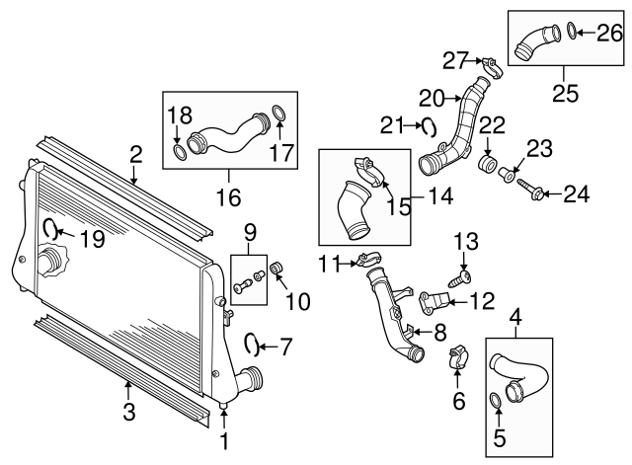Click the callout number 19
click(x=90, y=238)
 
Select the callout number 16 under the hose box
click(x=227, y=197)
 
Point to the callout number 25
click(x=563, y=96)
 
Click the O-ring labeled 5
click(x=497, y=399)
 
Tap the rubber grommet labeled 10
click(x=278, y=269)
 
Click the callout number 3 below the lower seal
click(x=129, y=411)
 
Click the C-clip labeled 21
click(x=430, y=125)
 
